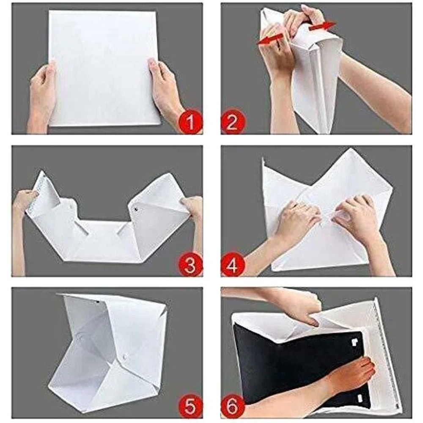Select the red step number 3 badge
190,266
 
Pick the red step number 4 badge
232,266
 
